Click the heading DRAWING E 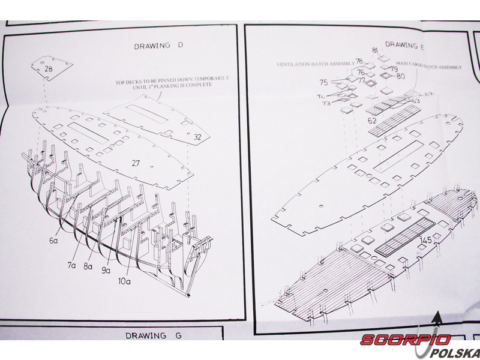tap(405, 45)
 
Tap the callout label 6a tap(53, 241)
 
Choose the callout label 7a tap(71, 265)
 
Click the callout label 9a tap(106, 271)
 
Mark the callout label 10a tap(124, 280)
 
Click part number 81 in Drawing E tap(375, 50)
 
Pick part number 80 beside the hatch tap(400, 76)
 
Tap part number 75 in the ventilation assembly tap(323, 83)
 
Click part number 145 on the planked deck tap(426, 240)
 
